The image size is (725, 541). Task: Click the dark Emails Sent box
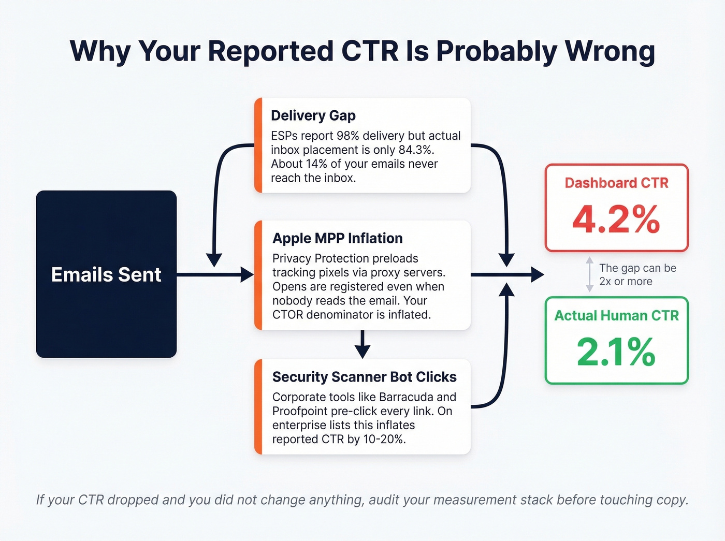tap(106, 274)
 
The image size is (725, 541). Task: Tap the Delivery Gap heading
tap(313, 115)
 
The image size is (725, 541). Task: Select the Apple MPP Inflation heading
tap(338, 238)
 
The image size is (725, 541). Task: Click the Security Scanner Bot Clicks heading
tap(365, 377)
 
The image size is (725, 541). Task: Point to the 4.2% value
tap(616, 220)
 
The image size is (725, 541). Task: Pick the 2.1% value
tap(616, 352)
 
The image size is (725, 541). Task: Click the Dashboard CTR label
tap(616, 183)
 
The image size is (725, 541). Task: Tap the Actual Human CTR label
tap(616, 315)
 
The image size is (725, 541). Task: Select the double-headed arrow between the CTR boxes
tap(589, 274)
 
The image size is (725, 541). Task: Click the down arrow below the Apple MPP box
tap(363, 345)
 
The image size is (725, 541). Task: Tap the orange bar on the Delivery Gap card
tap(258, 145)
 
